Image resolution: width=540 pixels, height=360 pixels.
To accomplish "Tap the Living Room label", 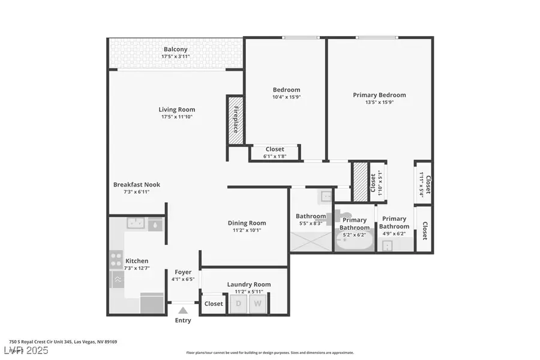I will tap(176, 110).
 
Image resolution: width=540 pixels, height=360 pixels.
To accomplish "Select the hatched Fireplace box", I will tap(235, 120).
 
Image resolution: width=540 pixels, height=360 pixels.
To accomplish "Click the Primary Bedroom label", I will tap(379, 95).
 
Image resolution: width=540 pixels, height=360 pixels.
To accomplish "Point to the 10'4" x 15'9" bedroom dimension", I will tap(286, 97).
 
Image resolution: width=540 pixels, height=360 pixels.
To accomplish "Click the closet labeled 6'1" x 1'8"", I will tap(275, 152).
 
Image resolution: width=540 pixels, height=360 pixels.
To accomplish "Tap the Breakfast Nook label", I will tap(137, 185).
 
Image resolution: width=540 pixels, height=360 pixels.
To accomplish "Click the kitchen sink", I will tap(135, 224).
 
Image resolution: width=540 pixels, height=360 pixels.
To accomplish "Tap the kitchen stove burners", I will tap(116, 260).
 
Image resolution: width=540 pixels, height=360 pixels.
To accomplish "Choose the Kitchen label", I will tap(137, 261).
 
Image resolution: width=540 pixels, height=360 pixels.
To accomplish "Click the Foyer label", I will tap(183, 272).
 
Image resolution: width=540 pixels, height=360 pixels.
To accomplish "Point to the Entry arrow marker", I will tap(183, 310).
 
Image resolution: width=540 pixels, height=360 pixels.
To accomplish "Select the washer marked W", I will tap(258, 304).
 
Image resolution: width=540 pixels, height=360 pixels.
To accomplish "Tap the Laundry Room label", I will tap(248, 284).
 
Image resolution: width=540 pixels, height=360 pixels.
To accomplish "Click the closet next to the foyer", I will tap(213, 304).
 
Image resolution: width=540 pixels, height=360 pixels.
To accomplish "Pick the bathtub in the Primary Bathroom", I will tap(354, 242).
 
